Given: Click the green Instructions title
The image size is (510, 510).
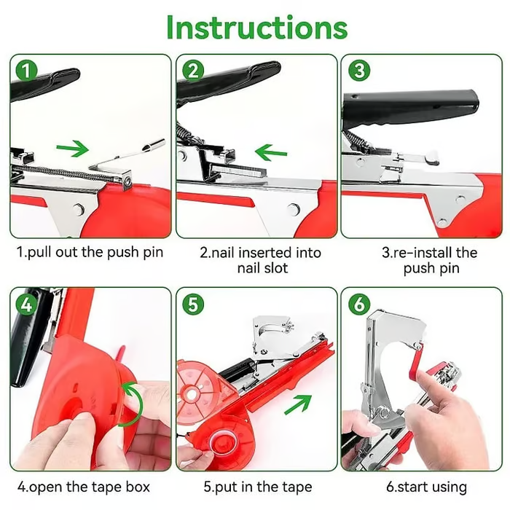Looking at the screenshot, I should [256, 27].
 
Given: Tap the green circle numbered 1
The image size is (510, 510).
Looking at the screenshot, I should [27, 71].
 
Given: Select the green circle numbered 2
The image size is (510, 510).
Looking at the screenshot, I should [193, 71].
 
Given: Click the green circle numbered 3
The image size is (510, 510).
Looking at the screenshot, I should [359, 71].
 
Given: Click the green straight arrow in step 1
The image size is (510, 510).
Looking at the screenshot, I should [72, 149].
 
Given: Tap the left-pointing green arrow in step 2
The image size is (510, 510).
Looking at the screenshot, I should [271, 152].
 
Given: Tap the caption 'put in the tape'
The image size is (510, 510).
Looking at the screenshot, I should [257, 487].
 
